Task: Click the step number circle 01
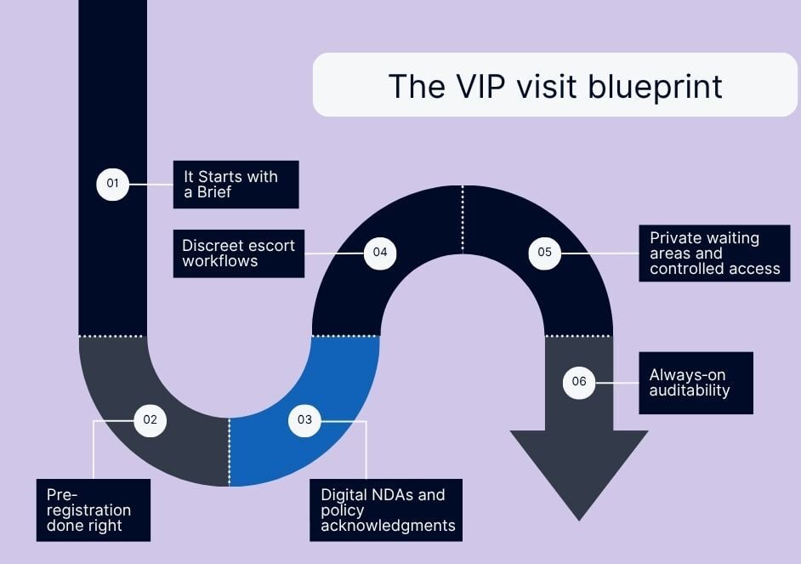point(112,184)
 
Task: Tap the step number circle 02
point(151,419)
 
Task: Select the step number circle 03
point(304,419)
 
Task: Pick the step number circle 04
point(380,253)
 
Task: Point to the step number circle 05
point(544,253)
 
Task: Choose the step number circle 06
point(579,382)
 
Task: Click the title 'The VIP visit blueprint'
point(554,85)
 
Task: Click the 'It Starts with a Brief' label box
point(236,184)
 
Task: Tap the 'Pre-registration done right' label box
point(94,510)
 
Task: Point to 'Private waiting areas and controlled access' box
point(714,253)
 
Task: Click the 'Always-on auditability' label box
point(696,383)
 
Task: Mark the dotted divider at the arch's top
point(463,219)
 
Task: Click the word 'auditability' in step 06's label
point(690,390)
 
